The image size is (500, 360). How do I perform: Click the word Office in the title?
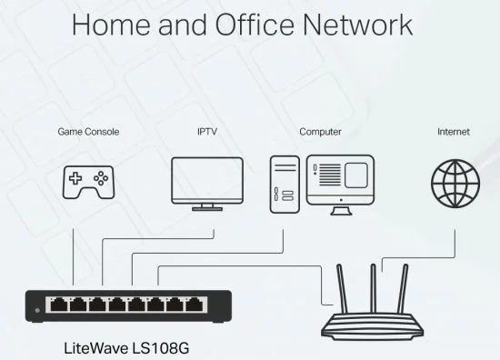pos(255,25)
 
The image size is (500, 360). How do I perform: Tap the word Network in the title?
pos(358,25)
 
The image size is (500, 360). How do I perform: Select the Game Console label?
pos(88,132)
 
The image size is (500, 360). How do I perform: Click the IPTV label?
pos(207,132)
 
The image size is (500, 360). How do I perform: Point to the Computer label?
pos(320,132)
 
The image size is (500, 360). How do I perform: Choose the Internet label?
pos(454,132)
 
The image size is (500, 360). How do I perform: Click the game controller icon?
pos(88,182)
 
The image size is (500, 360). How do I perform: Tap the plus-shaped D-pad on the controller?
pos(75,178)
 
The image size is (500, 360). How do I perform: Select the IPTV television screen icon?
pos(207,184)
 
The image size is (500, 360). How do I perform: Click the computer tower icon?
pos(285,185)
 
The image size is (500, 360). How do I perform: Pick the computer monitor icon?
pos(341,185)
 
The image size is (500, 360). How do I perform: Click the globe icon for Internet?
pos(455,184)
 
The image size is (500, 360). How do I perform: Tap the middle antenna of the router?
pos(373,288)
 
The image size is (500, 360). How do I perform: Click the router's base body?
pos(373,325)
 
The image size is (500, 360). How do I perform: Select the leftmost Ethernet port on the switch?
pos(59,305)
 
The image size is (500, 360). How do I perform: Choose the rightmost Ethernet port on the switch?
pos(195,305)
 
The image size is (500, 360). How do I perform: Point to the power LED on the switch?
pos(37,310)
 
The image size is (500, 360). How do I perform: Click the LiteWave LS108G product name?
pos(126,348)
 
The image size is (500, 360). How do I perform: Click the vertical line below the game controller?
pos(74,256)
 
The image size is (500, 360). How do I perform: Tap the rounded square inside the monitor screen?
pos(355,175)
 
